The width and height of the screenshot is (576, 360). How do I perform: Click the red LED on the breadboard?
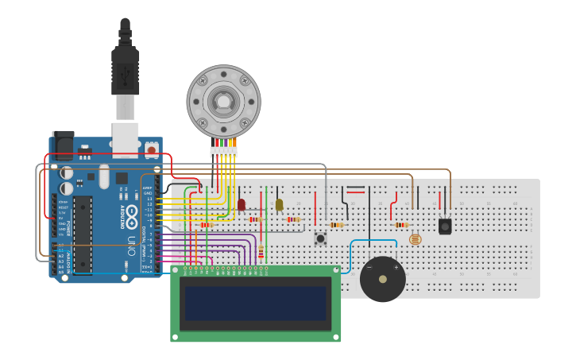pyautogui.click(x=242, y=204)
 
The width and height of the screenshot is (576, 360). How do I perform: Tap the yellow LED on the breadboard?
pyautogui.click(x=279, y=204)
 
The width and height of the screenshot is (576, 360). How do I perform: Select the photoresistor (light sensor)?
pyautogui.click(x=415, y=238)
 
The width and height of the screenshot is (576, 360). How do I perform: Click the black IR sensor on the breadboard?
pyautogui.click(x=445, y=226)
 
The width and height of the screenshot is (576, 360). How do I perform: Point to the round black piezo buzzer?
pyautogui.click(x=383, y=279)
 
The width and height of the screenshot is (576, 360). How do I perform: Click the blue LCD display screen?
pyautogui.click(x=256, y=303)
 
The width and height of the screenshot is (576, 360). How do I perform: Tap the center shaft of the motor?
pyautogui.click(x=223, y=101)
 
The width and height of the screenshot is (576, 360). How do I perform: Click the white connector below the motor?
pyautogui.click(x=223, y=151)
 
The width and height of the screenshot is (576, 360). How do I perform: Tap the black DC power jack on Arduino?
pyautogui.click(x=63, y=145)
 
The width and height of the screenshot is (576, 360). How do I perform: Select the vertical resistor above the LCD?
pyautogui.click(x=261, y=252)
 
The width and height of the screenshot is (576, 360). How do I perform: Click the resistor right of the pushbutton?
pyautogui.click(x=338, y=225)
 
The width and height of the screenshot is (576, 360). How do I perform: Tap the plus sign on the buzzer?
pyautogui.click(x=396, y=268)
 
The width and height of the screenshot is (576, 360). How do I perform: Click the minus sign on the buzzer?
pyautogui.click(x=369, y=268)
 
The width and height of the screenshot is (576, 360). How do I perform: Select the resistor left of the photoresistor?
pyautogui.click(x=401, y=225)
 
